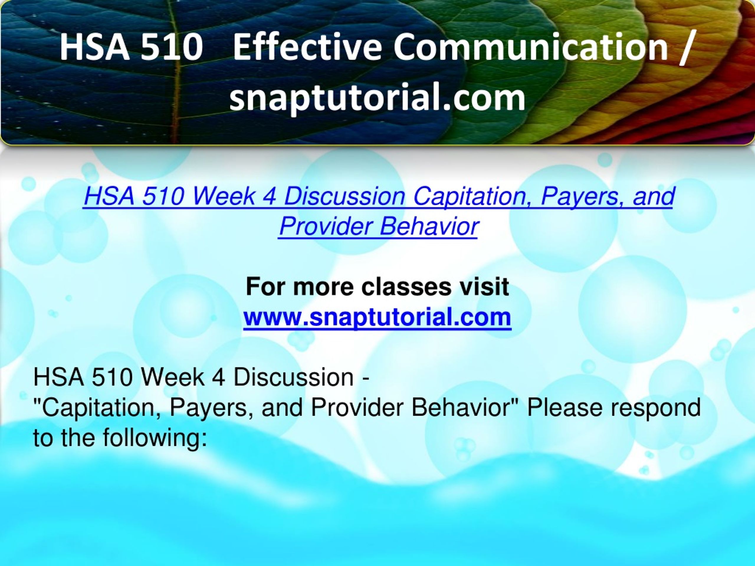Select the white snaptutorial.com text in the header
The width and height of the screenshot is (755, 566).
[x=377, y=98]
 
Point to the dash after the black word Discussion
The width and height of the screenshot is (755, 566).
[x=365, y=379]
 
